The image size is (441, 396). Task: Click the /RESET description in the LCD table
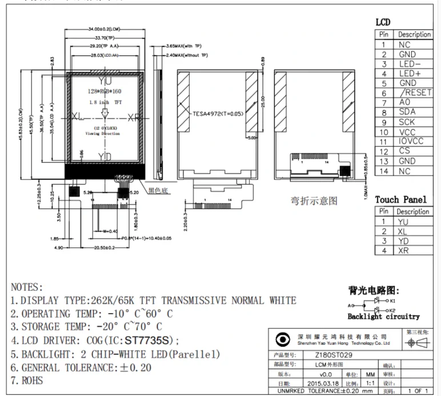[415, 93]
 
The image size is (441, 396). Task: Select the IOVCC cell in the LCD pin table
[412, 141]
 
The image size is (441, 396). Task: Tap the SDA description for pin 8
[407, 112]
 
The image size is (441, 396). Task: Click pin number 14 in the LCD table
[384, 171]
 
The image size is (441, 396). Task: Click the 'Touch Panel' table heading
[400, 199]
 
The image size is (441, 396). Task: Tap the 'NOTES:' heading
[27, 287]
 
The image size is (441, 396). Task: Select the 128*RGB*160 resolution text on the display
[105, 91]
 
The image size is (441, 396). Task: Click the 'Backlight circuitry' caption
[383, 316]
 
